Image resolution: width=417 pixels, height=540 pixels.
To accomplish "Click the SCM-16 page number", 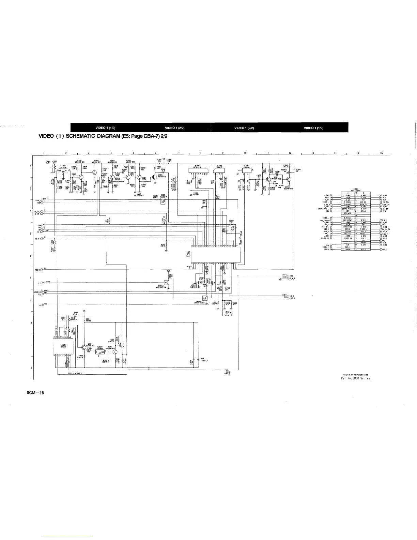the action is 35,392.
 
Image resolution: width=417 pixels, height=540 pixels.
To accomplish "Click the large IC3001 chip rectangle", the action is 216,254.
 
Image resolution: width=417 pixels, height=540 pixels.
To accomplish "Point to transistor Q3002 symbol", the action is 94,173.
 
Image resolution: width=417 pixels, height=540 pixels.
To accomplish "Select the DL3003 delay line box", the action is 247,170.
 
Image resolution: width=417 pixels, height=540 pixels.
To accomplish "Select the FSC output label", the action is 292,276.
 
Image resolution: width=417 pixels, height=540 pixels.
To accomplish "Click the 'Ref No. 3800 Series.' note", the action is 356,378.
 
